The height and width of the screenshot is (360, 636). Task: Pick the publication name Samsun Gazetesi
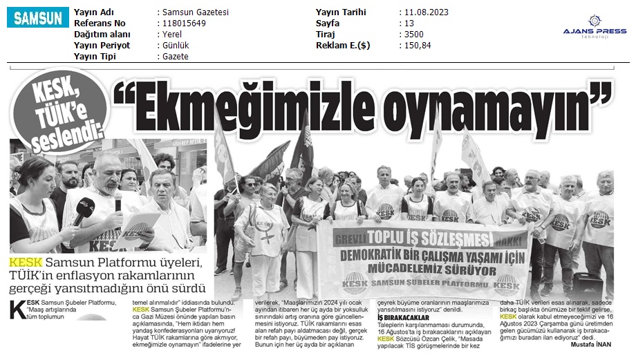pyautogui.click(x=196, y=12)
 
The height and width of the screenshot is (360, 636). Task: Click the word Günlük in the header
pyautogui.click(x=178, y=45)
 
